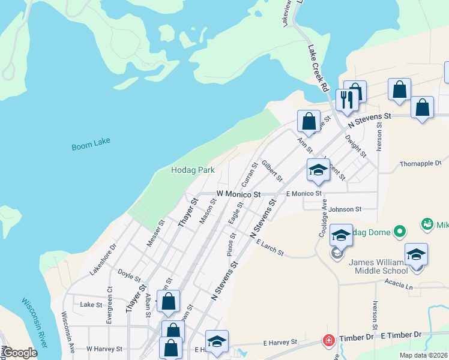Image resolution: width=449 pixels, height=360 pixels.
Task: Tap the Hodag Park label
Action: click(193, 170)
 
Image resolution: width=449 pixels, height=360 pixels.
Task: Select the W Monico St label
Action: click(238, 194)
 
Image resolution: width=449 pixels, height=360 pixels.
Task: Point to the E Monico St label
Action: click(304, 194)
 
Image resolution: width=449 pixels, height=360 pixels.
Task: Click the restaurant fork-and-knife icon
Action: click(347, 99)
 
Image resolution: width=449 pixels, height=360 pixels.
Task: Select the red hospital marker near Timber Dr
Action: click(328, 341)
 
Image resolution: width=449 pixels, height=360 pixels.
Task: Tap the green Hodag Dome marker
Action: click(400, 231)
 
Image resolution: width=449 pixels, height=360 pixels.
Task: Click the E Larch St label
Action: click(270, 248)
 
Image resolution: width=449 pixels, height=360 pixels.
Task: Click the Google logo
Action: click(19, 353)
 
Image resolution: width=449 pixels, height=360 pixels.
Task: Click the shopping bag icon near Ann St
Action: click(308, 121)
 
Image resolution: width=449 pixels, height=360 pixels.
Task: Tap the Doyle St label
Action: click(129, 275)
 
